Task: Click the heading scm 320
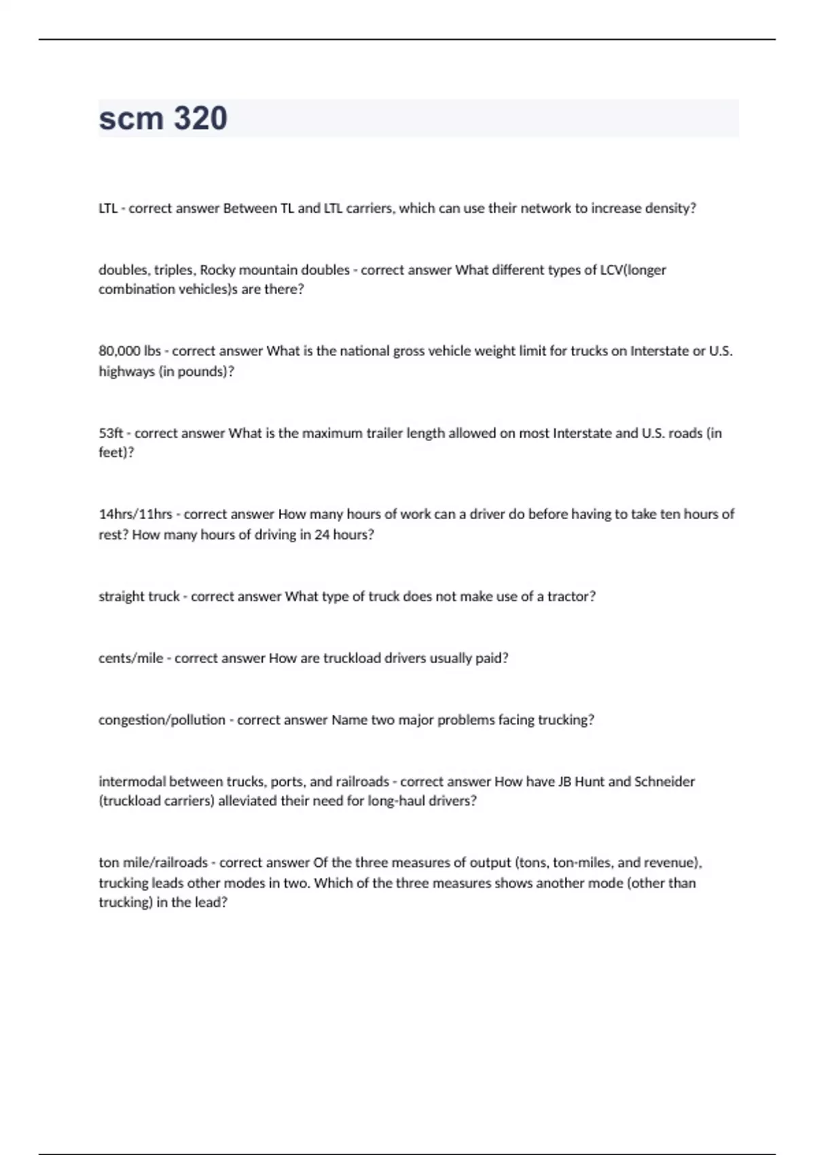click(x=163, y=118)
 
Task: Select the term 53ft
click(x=111, y=433)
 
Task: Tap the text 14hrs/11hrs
click(x=135, y=514)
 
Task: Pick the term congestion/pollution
click(x=162, y=720)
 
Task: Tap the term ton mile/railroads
click(x=153, y=863)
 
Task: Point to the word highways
click(x=126, y=372)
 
